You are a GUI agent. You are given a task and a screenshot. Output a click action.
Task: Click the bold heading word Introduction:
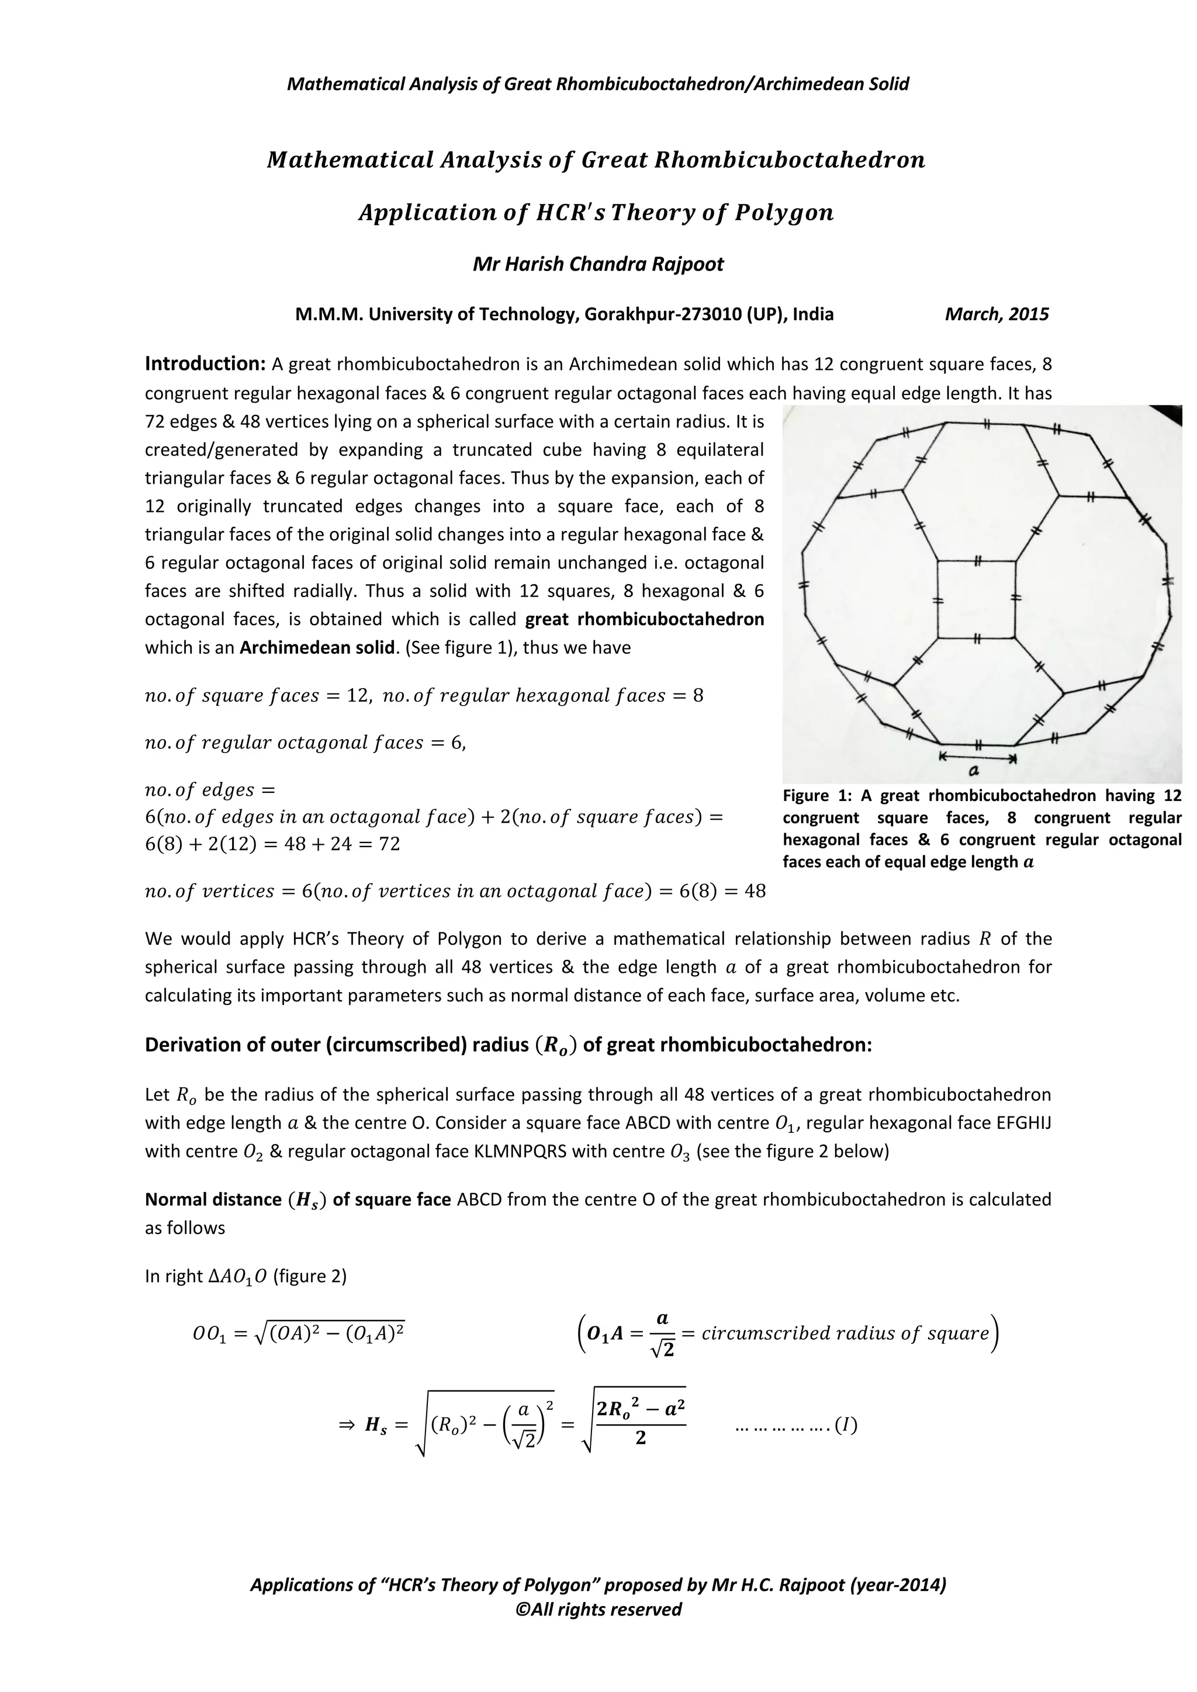point(205,363)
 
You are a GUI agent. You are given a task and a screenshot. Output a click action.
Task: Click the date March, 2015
point(997,315)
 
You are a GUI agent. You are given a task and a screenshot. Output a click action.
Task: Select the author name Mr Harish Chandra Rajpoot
point(598,264)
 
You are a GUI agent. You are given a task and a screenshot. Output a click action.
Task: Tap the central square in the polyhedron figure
point(976,598)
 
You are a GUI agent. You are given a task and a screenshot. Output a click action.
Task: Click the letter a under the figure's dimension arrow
point(973,771)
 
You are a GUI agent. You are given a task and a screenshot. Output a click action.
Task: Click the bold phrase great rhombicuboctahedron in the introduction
point(644,619)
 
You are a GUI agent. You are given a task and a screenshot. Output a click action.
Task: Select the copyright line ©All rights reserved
point(598,1629)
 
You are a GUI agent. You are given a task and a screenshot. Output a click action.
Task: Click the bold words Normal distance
point(213,1199)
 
